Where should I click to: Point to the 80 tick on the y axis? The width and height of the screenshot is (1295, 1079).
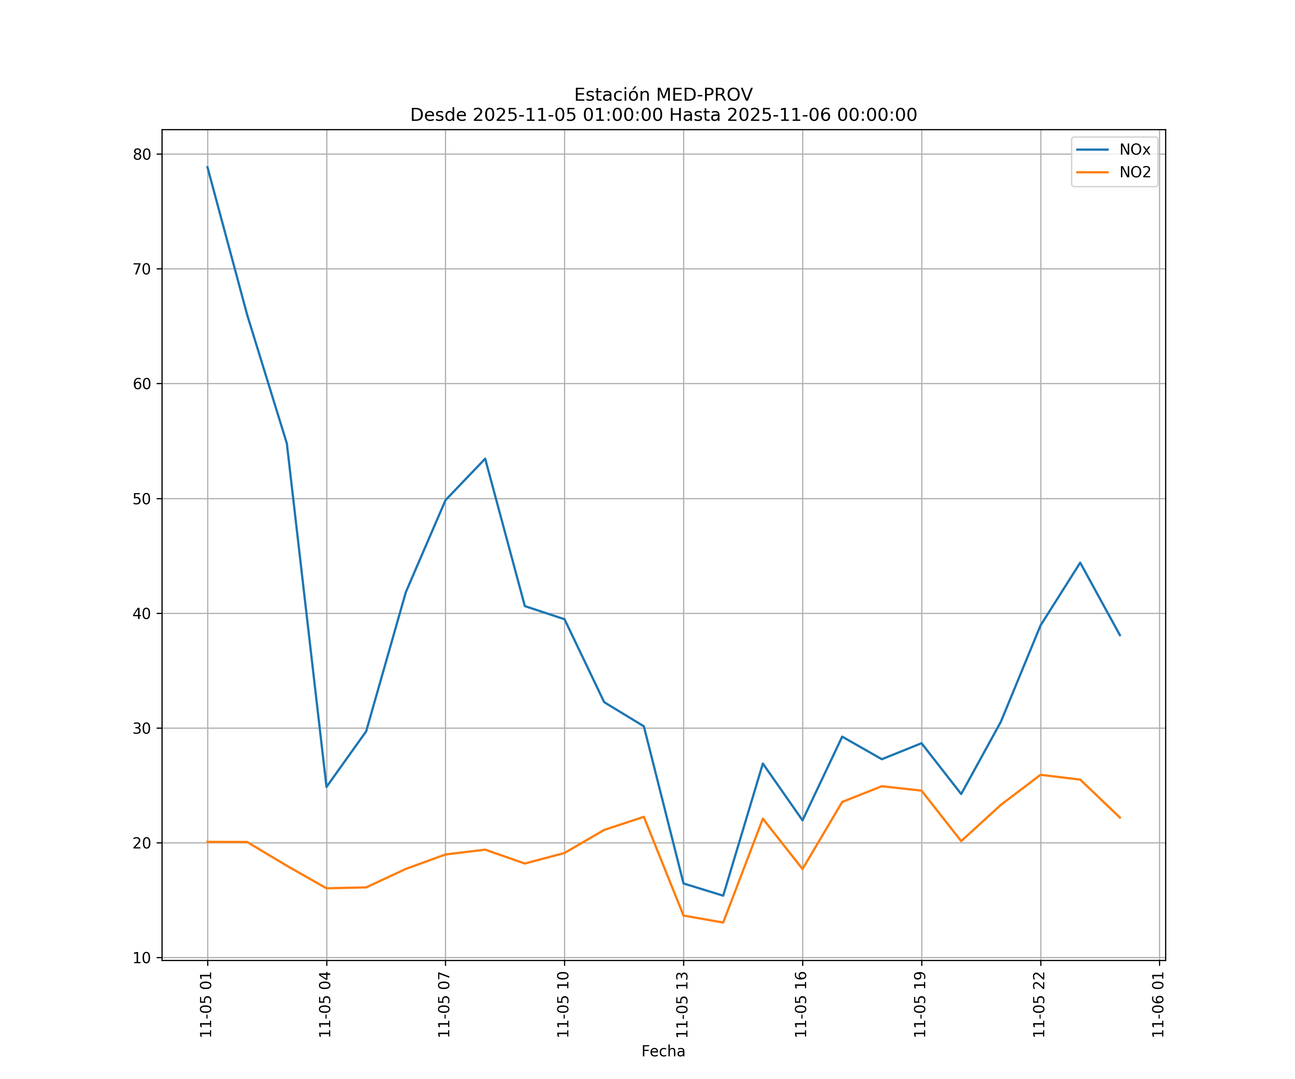click(142, 154)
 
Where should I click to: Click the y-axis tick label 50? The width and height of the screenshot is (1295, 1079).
click(142, 499)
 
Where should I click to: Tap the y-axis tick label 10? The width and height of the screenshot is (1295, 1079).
click(142, 957)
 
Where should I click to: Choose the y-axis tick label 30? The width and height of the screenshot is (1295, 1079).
click(142, 728)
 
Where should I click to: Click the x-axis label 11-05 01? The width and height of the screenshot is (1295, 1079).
click(206, 1005)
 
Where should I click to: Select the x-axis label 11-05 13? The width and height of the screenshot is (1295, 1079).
click(682, 1005)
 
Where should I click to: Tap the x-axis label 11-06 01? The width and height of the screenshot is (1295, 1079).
click(1158, 1005)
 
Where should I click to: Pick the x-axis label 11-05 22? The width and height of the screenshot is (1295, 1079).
click(1039, 1005)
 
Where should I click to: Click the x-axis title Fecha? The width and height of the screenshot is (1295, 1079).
click(663, 1051)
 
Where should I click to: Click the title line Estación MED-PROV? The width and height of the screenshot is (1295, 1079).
click(663, 95)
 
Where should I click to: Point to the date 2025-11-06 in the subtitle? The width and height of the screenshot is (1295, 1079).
click(778, 115)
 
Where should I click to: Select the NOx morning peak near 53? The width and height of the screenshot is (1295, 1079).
click(485, 459)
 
